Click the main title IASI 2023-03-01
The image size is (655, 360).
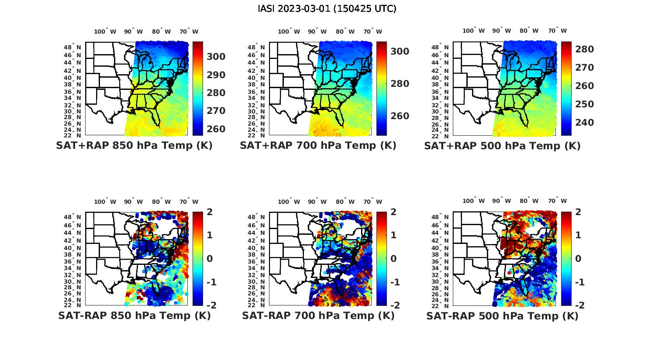(x=327, y=9)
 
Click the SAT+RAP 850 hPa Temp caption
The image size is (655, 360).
(x=134, y=146)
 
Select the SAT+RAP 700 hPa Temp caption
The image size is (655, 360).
(x=318, y=146)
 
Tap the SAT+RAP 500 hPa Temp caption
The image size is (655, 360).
(x=502, y=146)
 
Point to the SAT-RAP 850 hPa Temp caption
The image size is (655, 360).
(x=134, y=315)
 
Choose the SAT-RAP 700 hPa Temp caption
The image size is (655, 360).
(x=318, y=315)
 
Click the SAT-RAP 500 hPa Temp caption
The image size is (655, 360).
(x=502, y=316)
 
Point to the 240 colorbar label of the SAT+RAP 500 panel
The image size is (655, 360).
(x=584, y=123)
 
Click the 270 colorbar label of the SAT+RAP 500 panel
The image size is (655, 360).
(x=584, y=68)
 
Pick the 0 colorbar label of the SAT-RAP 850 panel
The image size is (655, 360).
(x=209, y=259)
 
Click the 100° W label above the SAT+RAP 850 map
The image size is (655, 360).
(x=105, y=31)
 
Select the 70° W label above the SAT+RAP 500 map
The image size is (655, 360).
(x=557, y=31)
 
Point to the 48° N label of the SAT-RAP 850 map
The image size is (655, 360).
(x=72, y=217)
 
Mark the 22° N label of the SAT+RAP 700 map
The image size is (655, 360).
(x=256, y=135)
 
